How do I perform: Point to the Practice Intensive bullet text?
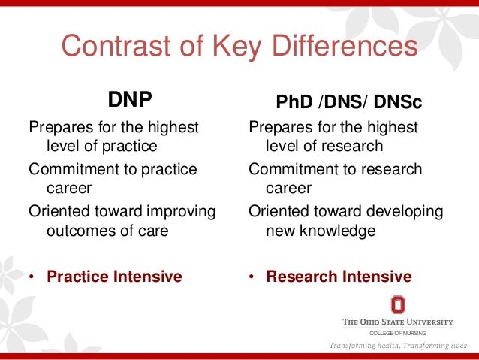(x=114, y=277)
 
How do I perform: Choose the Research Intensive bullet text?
(x=339, y=277)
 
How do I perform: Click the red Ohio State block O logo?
(x=398, y=304)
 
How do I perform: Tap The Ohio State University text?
(x=398, y=322)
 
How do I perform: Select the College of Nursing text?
(x=398, y=332)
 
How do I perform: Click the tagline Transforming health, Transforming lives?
(x=398, y=346)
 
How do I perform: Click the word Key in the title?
(x=210, y=46)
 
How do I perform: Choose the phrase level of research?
(x=324, y=146)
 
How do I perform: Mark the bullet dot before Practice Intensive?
(x=32, y=277)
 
